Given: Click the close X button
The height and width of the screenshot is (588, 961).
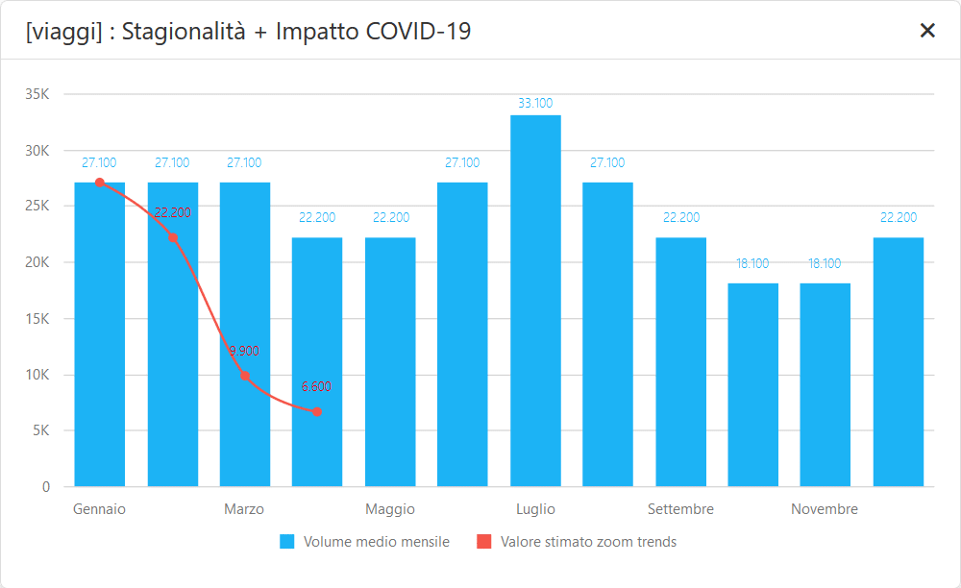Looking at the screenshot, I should pyautogui.click(x=927, y=31).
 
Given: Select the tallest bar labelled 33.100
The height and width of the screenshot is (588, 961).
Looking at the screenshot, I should pyautogui.click(x=535, y=301).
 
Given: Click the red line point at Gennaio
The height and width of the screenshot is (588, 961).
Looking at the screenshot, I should pyautogui.click(x=100, y=183).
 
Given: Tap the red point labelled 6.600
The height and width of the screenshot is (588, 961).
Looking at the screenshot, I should pyautogui.click(x=317, y=412).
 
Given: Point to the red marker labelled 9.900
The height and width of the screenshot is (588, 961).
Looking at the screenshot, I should pyautogui.click(x=245, y=376).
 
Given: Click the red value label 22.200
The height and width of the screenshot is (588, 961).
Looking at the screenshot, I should pyautogui.click(x=173, y=212).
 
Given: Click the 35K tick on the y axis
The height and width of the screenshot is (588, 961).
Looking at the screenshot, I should pyautogui.click(x=37, y=94).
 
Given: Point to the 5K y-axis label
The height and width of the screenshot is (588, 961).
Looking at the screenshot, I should pyautogui.click(x=41, y=430).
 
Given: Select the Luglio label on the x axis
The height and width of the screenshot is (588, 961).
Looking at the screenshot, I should pyautogui.click(x=535, y=509).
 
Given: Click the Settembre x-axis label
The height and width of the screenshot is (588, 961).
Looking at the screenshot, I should pyautogui.click(x=680, y=509).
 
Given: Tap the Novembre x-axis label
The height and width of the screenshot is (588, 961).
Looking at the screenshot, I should pyautogui.click(x=825, y=509).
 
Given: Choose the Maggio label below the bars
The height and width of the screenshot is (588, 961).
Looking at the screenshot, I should pyautogui.click(x=390, y=509).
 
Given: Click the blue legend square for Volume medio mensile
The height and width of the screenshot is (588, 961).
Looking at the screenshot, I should pyautogui.click(x=286, y=542).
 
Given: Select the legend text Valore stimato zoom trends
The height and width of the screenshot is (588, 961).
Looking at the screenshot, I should pyautogui.click(x=588, y=542).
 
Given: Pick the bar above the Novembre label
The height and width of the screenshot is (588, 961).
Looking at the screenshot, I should pyautogui.click(x=825, y=384).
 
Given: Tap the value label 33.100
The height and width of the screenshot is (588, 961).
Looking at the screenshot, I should pyautogui.click(x=535, y=103).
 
